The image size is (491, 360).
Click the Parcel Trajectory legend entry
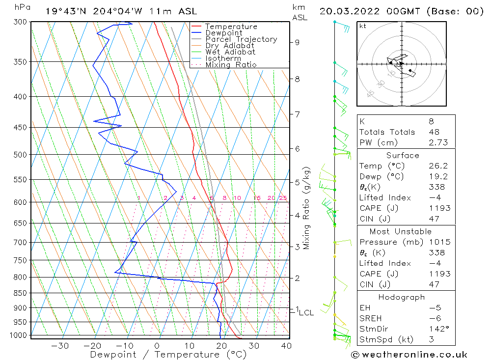click(x=241, y=39)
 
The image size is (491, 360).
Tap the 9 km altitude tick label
click(x=297, y=42)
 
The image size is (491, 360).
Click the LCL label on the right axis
click(x=306, y=312)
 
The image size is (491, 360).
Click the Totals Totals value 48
click(x=434, y=132)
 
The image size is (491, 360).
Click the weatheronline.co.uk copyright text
click(x=409, y=355)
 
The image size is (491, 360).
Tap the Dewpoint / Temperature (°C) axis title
click(x=168, y=355)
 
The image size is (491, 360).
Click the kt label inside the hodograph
click(x=363, y=26)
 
